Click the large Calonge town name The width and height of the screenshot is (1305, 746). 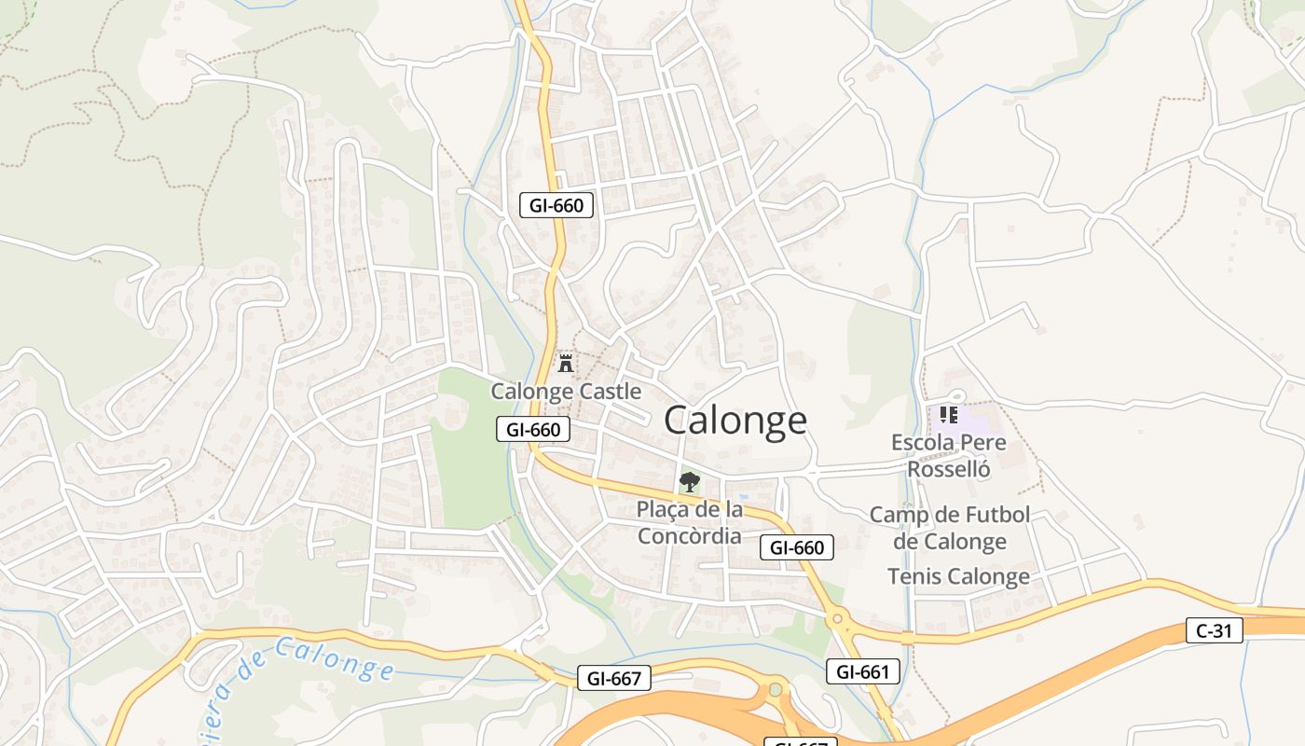735,421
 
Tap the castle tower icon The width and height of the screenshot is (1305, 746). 565,363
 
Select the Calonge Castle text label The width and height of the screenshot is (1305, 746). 566,391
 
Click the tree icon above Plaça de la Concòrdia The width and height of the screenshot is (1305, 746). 690,482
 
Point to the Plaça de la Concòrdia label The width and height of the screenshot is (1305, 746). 690,523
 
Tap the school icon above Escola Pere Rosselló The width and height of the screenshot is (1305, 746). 949,414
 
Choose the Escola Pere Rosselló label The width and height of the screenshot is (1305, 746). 949,455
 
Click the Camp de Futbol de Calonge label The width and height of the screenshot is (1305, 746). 950,528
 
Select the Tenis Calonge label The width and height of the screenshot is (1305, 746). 958,576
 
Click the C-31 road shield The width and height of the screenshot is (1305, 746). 1215,631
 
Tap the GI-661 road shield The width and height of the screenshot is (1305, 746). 863,671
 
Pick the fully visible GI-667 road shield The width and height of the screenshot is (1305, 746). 613,679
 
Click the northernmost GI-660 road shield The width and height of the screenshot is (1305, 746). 556,206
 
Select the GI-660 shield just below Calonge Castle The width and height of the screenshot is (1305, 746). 532,430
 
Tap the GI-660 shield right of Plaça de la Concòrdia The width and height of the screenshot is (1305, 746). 797,547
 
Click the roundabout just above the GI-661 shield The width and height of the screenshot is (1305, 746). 837,617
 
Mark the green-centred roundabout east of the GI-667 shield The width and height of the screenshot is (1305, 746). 775,690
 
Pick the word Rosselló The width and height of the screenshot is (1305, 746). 949,469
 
